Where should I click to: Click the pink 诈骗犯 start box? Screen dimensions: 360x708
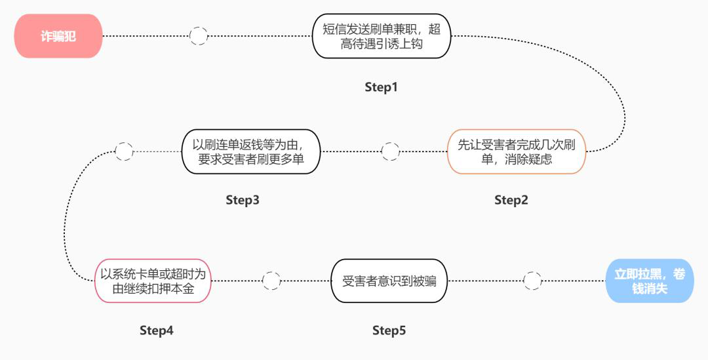click(x=58, y=36)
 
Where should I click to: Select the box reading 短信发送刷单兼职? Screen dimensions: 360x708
click(x=382, y=36)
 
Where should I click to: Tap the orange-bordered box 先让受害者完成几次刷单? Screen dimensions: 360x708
click(x=516, y=151)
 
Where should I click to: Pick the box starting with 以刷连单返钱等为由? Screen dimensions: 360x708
click(x=252, y=151)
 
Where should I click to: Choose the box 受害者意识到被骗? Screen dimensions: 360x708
click(x=389, y=281)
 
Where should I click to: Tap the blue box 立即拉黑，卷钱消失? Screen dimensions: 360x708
click(x=649, y=281)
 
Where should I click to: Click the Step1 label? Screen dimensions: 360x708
click(x=381, y=87)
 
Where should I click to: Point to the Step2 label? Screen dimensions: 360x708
click(x=511, y=200)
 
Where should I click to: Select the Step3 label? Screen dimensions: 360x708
click(x=243, y=200)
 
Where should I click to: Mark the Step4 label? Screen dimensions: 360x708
click(x=157, y=330)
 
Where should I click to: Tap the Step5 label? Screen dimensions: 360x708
click(x=389, y=330)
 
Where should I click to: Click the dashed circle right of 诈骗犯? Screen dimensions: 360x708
click(x=199, y=36)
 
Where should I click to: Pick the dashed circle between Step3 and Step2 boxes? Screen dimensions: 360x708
click(x=390, y=151)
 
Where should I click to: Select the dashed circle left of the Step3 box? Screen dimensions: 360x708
click(x=124, y=151)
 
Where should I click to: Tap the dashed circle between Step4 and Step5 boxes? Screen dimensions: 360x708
click(x=271, y=281)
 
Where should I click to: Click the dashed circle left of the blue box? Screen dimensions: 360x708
click(x=533, y=281)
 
